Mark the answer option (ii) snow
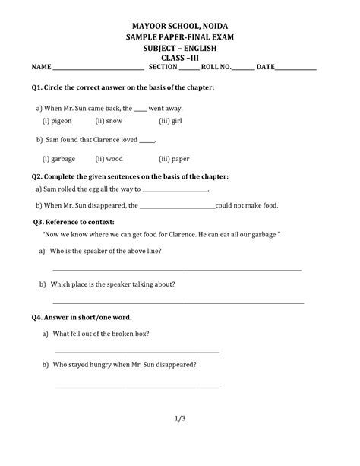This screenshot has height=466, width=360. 109,121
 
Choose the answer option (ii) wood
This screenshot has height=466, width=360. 110,159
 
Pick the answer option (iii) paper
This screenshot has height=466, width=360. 175,159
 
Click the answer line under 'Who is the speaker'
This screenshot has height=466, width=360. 177,269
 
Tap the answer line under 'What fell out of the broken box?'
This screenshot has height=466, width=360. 137,352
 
